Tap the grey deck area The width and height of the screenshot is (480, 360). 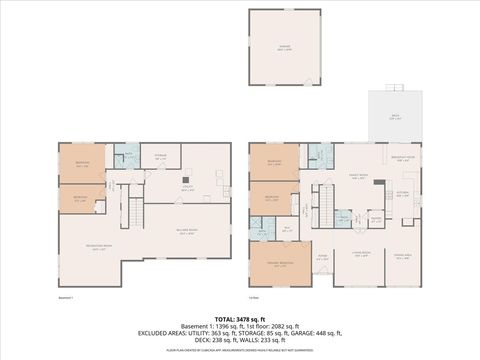pos(394,117)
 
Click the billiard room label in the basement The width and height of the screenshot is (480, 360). pos(186,233)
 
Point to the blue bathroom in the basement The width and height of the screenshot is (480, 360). pos(128,156)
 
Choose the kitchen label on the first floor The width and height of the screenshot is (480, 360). pos(404,194)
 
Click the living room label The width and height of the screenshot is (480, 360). pos(360,254)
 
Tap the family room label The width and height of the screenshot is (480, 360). pos(357,177)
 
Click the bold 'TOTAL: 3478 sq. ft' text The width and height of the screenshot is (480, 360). pos(239,318)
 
